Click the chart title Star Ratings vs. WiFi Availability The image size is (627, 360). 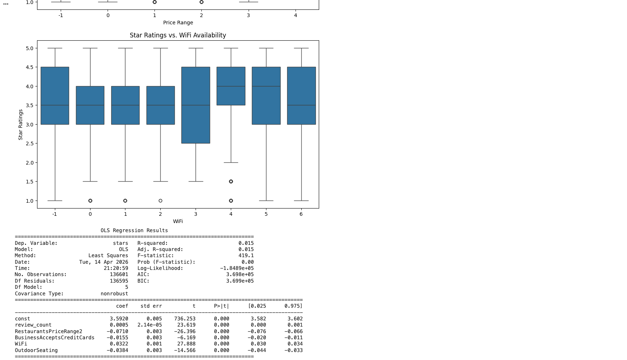tap(178, 35)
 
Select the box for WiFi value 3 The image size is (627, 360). tap(196, 105)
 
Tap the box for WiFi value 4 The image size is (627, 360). tap(231, 86)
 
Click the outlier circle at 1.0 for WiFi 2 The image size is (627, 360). tap(160, 201)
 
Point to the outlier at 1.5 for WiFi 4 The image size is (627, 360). tap(231, 181)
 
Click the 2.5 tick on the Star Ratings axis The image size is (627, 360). tap(29, 143)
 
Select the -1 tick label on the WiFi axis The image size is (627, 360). tap(55, 214)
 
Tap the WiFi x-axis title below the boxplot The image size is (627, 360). tap(178, 221)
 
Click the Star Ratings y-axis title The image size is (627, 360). tap(20, 125)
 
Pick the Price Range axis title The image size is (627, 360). tap(178, 23)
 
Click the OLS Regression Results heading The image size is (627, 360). tap(134, 230)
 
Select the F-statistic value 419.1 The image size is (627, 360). tap(246, 255)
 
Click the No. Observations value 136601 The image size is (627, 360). tap(119, 274)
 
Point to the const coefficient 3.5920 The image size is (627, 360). tap(119, 319)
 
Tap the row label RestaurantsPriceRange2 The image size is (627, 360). tap(49, 331)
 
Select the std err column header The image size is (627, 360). tap(151, 306)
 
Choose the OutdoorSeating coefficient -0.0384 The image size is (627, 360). tap(117, 350)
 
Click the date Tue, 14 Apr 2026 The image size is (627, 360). tap(104, 262)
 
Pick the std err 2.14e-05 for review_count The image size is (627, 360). tap(150, 325)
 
